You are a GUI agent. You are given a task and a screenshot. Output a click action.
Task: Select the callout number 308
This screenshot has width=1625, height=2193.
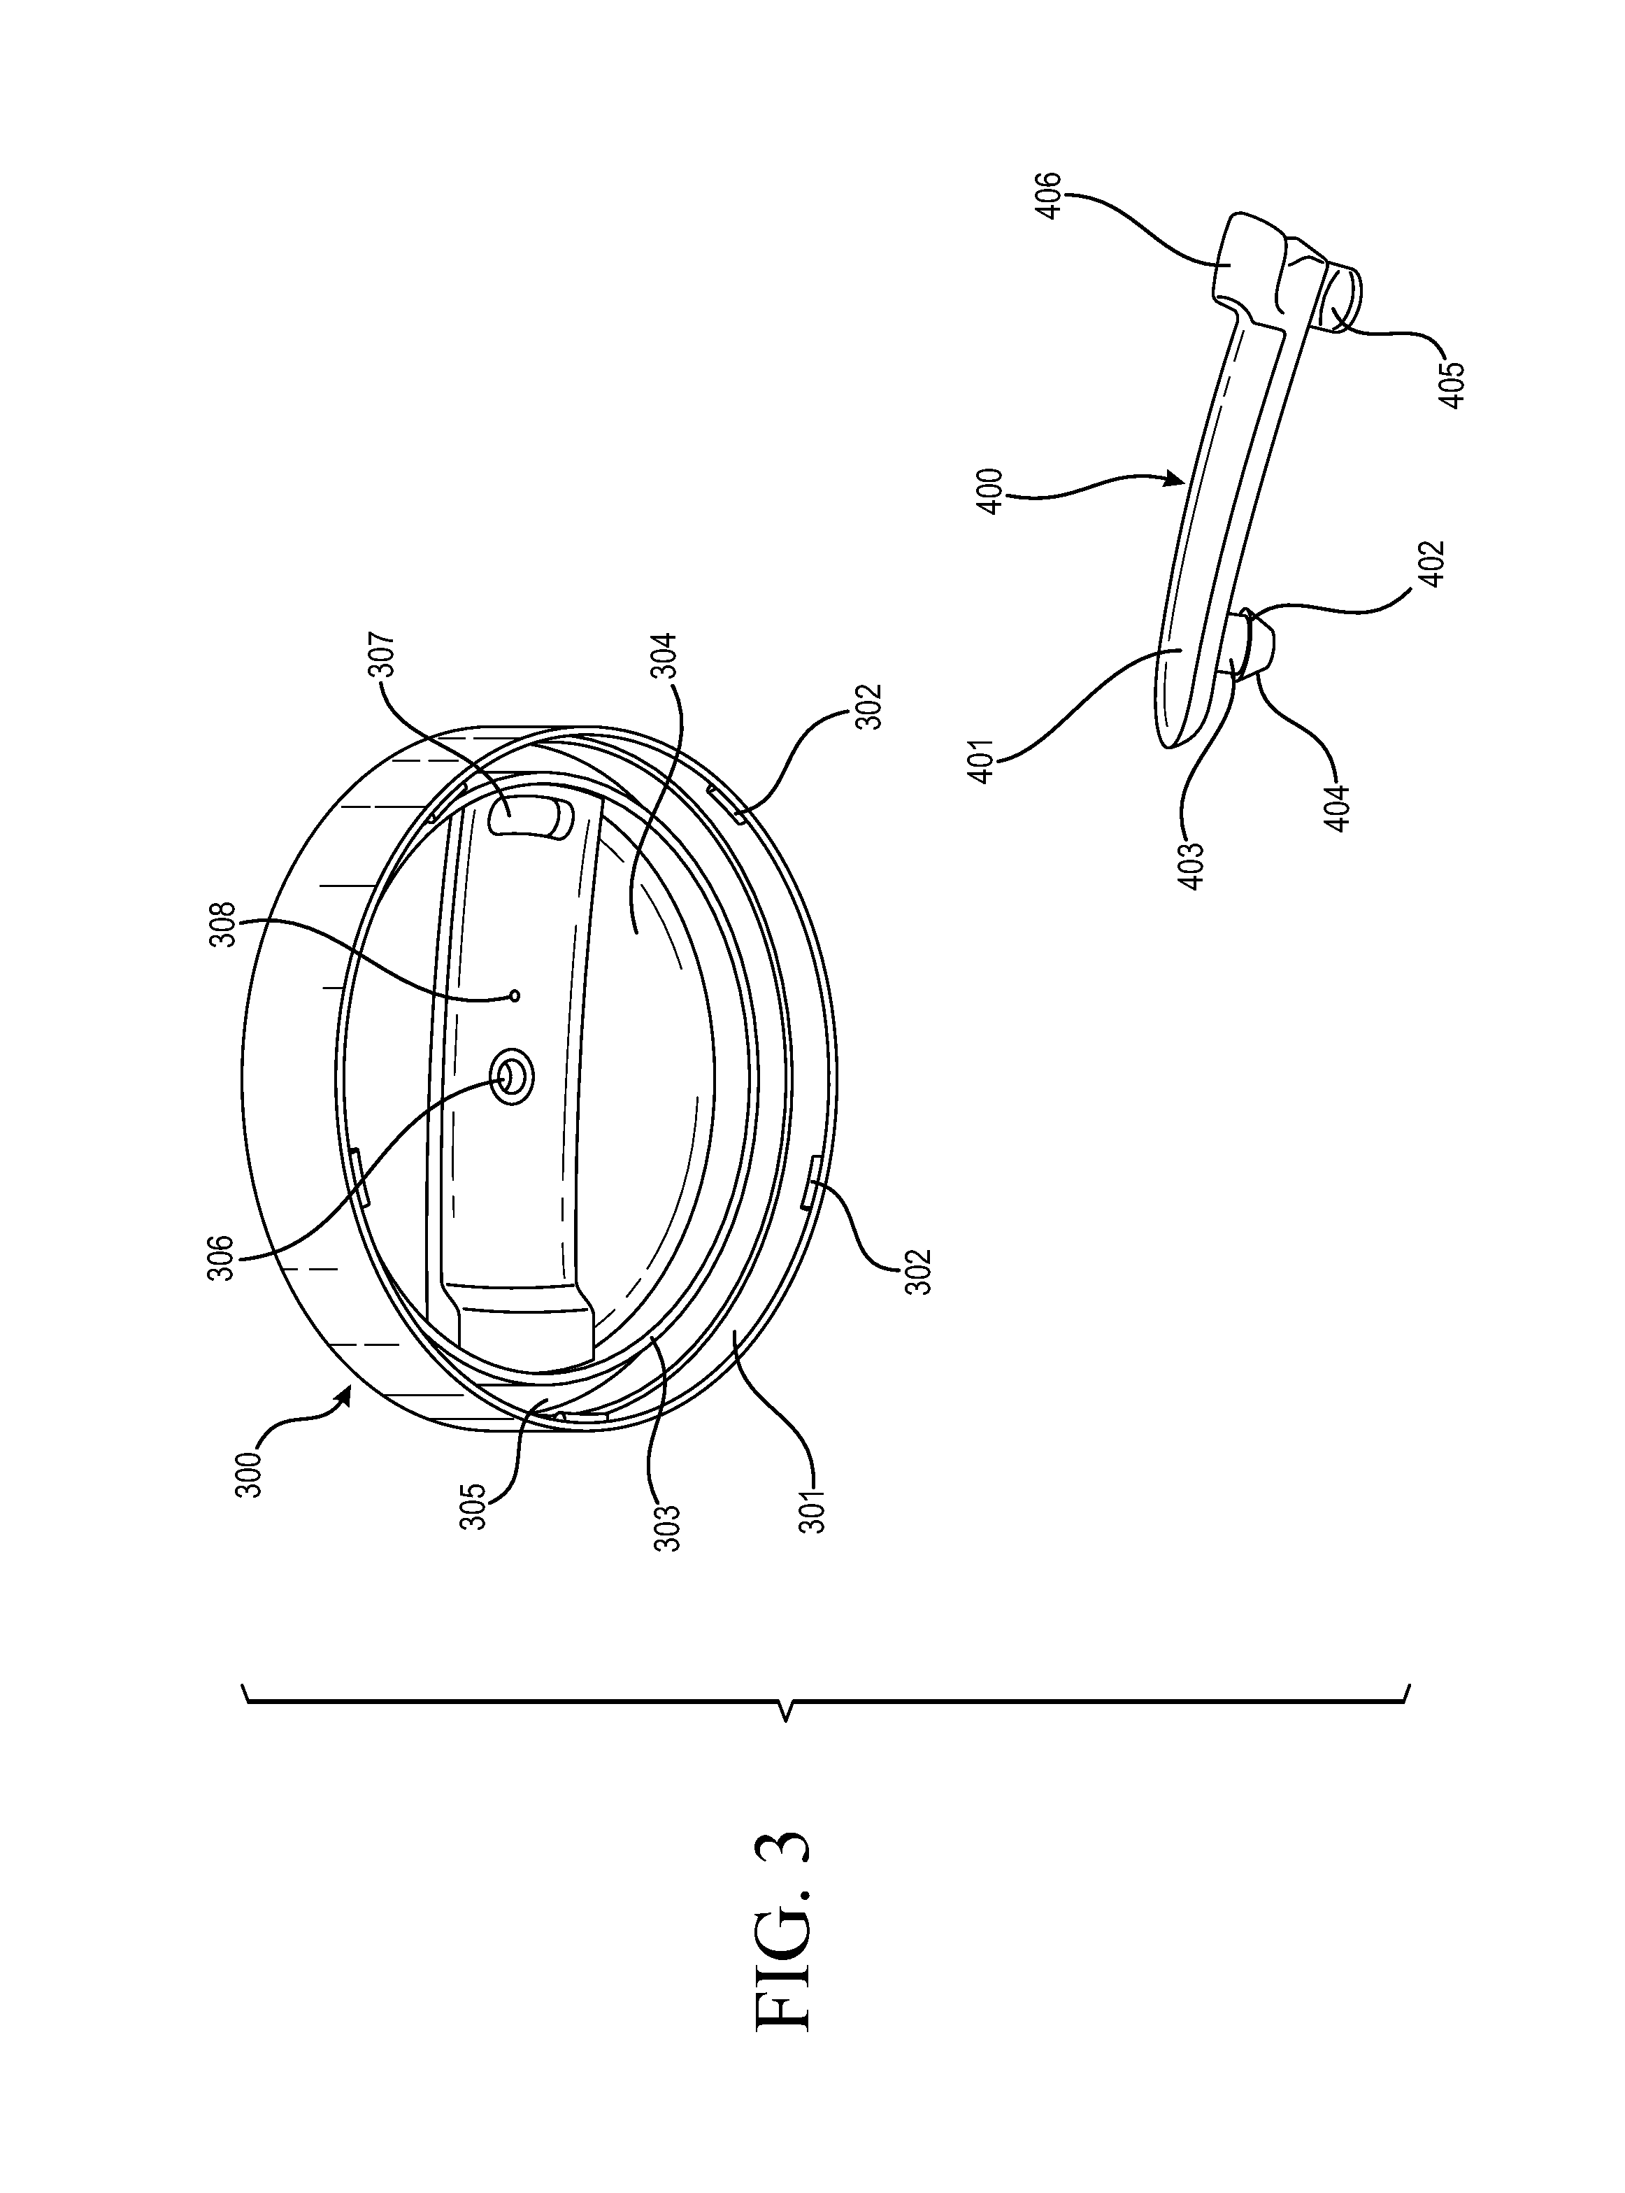(x=225, y=924)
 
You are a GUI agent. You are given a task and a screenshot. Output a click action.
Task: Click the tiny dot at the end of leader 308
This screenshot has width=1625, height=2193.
(x=515, y=995)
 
